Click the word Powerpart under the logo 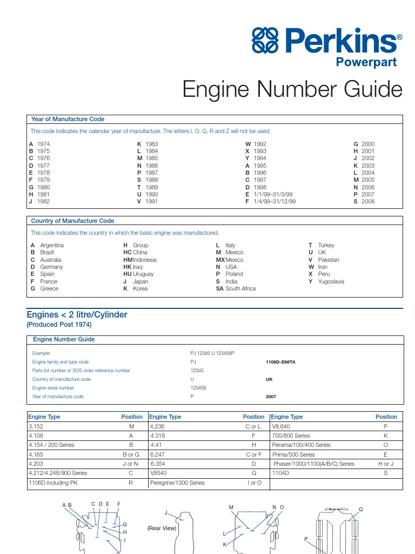point(366,62)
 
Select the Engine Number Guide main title point(292,89)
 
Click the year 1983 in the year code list point(152,144)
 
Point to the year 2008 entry point(368,201)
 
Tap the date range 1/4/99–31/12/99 point(275,201)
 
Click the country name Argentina point(52,245)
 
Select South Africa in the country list point(240,288)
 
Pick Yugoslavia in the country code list point(331,281)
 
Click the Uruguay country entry point(143,274)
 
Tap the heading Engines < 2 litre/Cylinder point(77,314)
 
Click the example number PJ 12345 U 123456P point(212,353)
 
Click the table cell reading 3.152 point(36,426)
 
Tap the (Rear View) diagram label point(162,528)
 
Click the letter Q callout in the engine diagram point(361,509)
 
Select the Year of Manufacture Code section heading point(68,119)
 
